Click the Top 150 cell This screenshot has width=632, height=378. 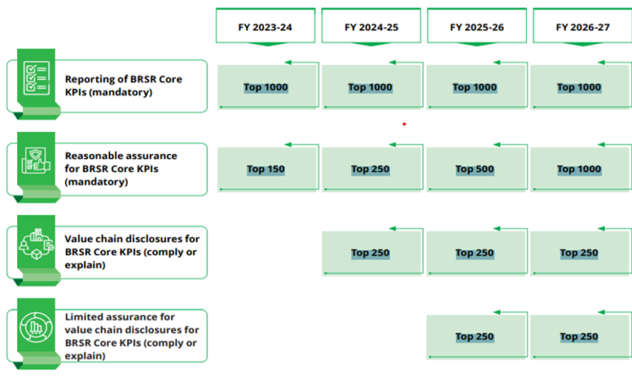click(x=266, y=169)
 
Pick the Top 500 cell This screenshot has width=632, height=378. click(x=475, y=169)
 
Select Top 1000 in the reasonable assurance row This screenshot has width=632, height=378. click(x=579, y=169)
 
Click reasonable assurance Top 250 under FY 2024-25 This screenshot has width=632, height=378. click(x=370, y=169)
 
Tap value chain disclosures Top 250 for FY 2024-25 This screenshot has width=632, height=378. click(x=370, y=253)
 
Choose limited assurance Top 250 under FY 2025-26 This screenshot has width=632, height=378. click(x=475, y=337)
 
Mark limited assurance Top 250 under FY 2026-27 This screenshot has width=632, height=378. click(x=579, y=337)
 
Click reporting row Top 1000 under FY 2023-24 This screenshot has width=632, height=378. click(x=266, y=87)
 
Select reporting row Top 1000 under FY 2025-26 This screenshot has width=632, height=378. click(x=475, y=87)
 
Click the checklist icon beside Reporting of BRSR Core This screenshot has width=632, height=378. click(x=36, y=78)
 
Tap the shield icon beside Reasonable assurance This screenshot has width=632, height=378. click(x=36, y=160)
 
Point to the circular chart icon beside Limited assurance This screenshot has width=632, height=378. click(x=36, y=327)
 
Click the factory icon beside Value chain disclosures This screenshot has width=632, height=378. click(x=36, y=243)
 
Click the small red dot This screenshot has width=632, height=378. click(x=404, y=124)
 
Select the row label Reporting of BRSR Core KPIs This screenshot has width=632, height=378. click(x=123, y=86)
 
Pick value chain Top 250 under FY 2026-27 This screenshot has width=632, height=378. click(x=579, y=253)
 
